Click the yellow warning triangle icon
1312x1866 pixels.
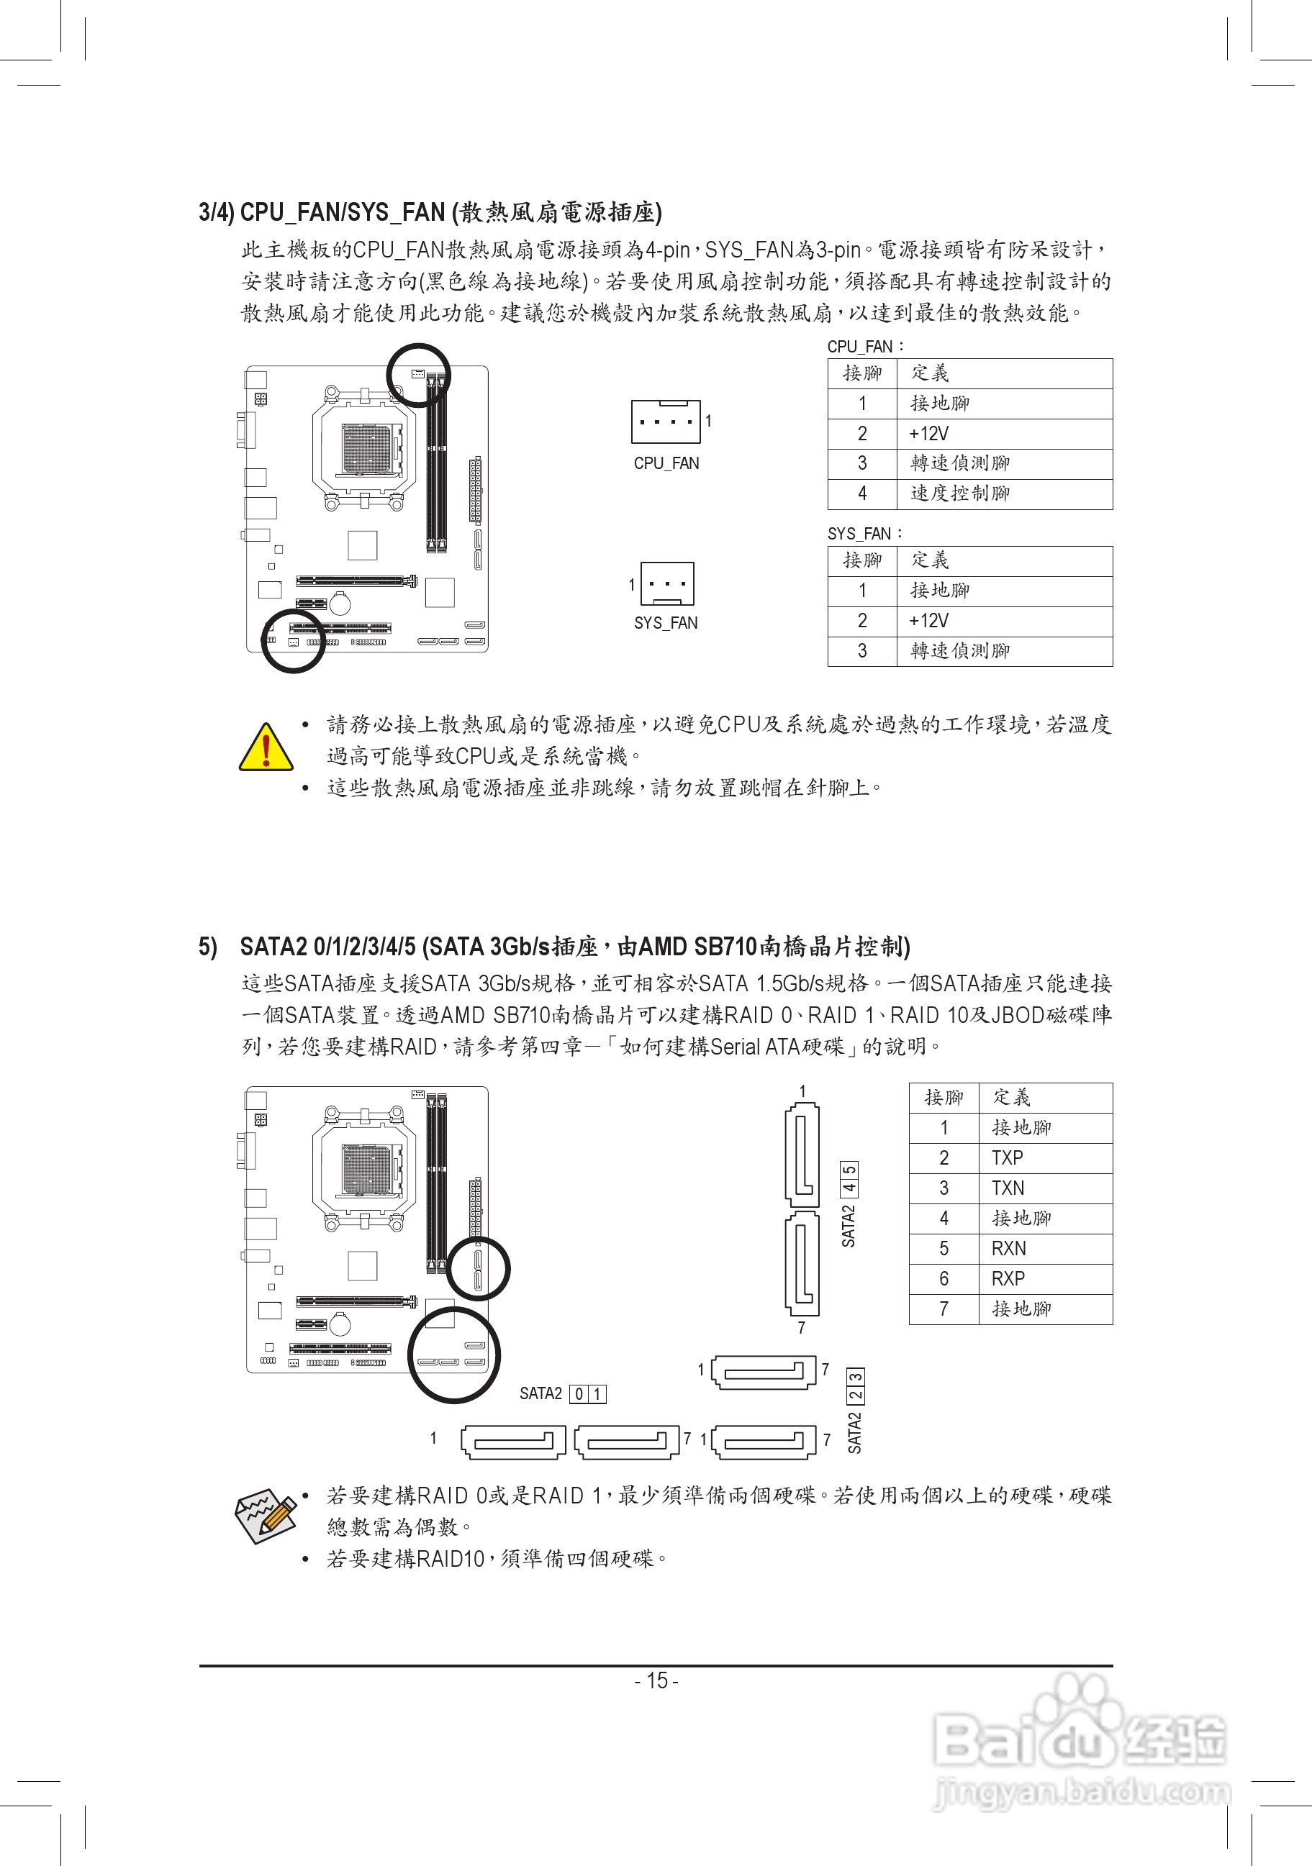[266, 747]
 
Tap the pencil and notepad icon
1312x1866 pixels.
[264, 1514]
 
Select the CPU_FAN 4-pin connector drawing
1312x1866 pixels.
[665, 421]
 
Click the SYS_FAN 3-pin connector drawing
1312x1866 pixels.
[666, 583]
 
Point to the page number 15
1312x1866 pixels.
[656, 1680]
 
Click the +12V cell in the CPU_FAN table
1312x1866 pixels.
[929, 434]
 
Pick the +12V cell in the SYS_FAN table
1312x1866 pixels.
[929, 621]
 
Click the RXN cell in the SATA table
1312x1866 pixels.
[1009, 1248]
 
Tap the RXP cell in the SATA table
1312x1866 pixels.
[1008, 1278]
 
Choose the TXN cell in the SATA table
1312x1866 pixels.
[1008, 1188]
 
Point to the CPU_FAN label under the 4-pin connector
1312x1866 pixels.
[666, 463]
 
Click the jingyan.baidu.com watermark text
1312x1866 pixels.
[1082, 1791]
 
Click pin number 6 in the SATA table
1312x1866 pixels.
[944, 1278]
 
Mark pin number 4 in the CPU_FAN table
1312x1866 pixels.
[862, 493]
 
